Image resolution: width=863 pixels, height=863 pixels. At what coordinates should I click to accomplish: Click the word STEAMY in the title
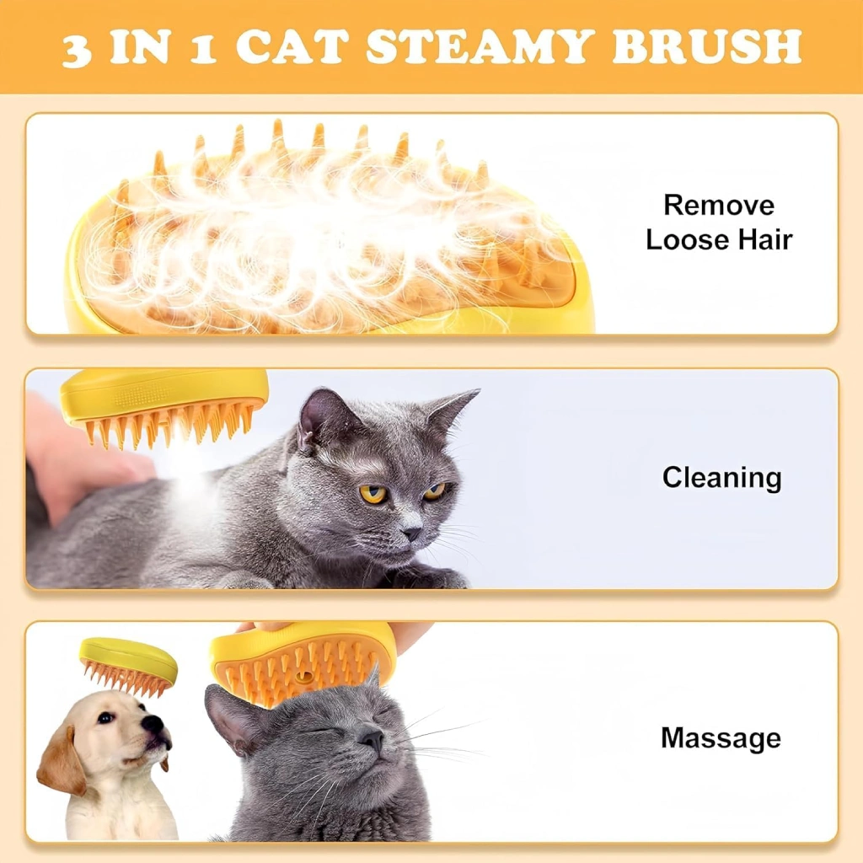pyautogui.click(x=480, y=46)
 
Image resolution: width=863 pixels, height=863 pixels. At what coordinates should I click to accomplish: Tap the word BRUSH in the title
pyautogui.click(x=706, y=46)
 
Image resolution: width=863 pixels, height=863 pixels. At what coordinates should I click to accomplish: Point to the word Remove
pyautogui.click(x=719, y=206)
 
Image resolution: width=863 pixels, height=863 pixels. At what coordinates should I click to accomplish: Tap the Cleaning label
pyautogui.click(x=721, y=477)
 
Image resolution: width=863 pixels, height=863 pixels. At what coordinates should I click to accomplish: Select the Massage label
pyautogui.click(x=721, y=737)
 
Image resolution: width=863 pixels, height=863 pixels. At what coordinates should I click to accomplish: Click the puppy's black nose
pyautogui.click(x=153, y=722)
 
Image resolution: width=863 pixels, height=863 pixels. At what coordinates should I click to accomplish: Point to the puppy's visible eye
pyautogui.click(x=105, y=718)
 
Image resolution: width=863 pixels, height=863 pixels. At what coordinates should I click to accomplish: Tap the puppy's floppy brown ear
pyautogui.click(x=61, y=762)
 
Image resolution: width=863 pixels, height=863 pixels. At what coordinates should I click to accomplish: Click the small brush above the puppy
pyautogui.click(x=128, y=667)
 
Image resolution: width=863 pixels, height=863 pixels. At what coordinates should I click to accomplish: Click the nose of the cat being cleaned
pyautogui.click(x=411, y=533)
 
